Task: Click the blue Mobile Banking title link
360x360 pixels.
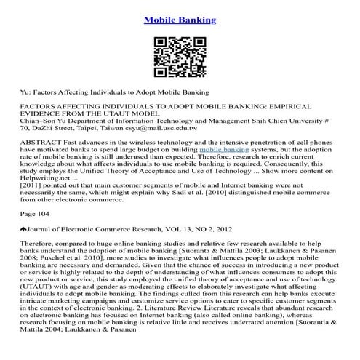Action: tap(180, 20)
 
